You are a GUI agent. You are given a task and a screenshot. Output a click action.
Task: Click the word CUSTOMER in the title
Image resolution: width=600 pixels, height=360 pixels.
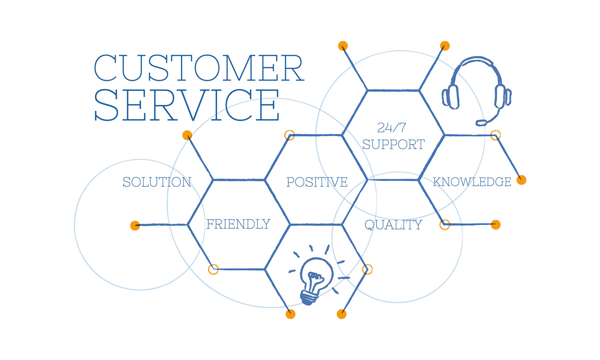(199, 68)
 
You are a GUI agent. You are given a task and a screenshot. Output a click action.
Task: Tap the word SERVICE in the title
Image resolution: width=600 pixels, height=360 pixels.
(187, 105)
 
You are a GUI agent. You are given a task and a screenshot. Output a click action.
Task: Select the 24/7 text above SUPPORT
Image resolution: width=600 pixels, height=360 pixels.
(392, 127)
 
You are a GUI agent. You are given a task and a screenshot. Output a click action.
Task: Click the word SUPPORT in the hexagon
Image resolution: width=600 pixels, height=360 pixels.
(393, 145)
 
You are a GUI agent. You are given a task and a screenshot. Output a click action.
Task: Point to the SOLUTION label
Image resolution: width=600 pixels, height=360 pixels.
(157, 182)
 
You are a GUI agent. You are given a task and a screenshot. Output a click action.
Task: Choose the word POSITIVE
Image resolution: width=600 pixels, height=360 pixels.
(317, 182)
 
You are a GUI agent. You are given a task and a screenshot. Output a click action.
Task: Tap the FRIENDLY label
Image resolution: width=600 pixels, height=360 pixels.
(238, 224)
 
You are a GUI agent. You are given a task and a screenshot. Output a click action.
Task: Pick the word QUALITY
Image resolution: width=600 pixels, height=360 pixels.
(393, 225)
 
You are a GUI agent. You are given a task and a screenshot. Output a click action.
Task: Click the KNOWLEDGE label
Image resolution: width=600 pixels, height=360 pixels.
(472, 182)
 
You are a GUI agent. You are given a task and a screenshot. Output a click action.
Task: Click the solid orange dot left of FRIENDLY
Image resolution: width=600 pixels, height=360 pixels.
(135, 225)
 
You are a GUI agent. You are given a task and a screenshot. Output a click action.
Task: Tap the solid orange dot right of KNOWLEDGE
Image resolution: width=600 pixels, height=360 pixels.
(521, 180)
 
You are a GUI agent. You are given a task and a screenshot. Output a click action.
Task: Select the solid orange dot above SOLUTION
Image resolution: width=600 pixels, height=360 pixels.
(187, 135)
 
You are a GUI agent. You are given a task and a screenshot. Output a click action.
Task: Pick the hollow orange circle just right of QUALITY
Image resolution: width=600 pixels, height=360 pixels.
(445, 224)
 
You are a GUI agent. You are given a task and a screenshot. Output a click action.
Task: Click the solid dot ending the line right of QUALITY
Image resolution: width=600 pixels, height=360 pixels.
(496, 225)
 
